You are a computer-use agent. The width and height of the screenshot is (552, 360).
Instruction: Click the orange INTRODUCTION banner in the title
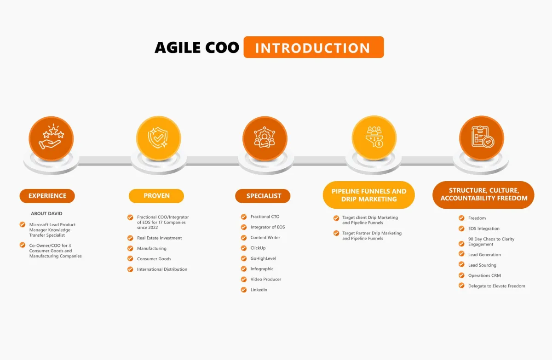pyautogui.click(x=313, y=47)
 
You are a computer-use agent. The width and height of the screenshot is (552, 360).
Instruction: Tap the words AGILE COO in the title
pyautogui.click(x=197, y=47)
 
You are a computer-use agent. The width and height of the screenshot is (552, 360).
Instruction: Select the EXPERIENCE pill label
pyautogui.click(x=47, y=196)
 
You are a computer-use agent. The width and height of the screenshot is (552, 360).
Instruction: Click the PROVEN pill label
pyautogui.click(x=156, y=196)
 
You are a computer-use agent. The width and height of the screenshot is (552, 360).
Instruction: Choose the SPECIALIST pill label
pyautogui.click(x=263, y=196)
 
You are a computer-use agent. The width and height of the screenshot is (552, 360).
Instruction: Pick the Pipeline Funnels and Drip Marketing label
pyautogui.click(x=368, y=195)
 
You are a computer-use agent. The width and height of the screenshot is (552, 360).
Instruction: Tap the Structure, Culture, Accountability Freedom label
pyautogui.click(x=483, y=194)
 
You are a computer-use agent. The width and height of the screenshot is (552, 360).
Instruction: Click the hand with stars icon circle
pyautogui.click(x=51, y=138)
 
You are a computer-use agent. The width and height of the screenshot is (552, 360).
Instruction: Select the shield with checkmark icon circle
pyautogui.click(x=159, y=138)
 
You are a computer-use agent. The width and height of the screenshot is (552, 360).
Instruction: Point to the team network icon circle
pyautogui.click(x=265, y=138)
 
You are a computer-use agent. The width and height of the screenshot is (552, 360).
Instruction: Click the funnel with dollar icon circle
pyautogui.click(x=374, y=138)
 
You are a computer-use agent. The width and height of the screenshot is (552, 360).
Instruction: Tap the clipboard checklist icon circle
pyautogui.click(x=482, y=138)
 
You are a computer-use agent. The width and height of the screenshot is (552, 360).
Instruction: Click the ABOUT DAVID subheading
pyautogui.click(x=46, y=213)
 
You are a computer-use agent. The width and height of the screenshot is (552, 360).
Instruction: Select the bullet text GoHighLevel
pyautogui.click(x=263, y=258)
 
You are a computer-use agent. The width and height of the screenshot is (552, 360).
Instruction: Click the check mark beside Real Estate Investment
pyautogui.click(x=130, y=238)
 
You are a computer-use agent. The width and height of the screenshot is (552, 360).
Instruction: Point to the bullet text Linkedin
pyautogui.click(x=259, y=290)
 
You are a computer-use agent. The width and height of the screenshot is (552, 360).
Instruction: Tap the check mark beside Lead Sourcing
pyautogui.click(x=461, y=264)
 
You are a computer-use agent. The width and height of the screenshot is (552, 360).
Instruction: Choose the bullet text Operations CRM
pyautogui.click(x=484, y=275)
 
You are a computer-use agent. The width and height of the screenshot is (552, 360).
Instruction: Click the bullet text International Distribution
pyautogui.click(x=162, y=269)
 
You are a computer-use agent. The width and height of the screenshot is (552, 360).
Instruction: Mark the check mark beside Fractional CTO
pyautogui.click(x=244, y=217)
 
